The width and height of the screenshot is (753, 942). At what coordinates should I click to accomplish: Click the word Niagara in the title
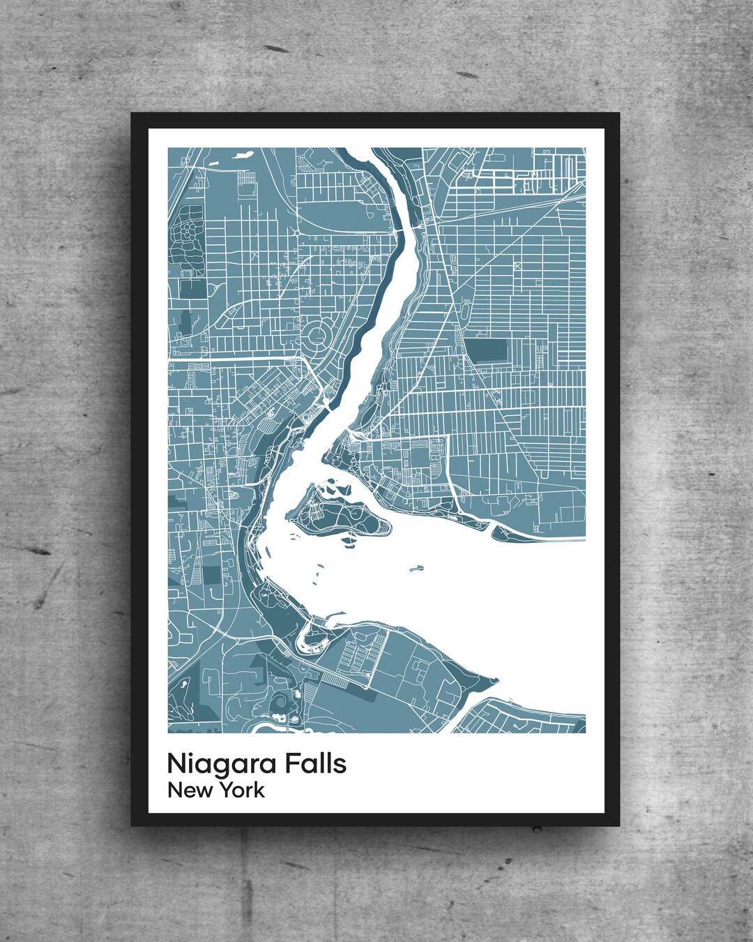[222, 764]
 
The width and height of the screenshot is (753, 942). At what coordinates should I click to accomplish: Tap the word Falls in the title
[314, 763]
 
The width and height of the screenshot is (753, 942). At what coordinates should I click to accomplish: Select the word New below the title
[189, 791]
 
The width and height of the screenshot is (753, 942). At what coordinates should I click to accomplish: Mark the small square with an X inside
[517, 266]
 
